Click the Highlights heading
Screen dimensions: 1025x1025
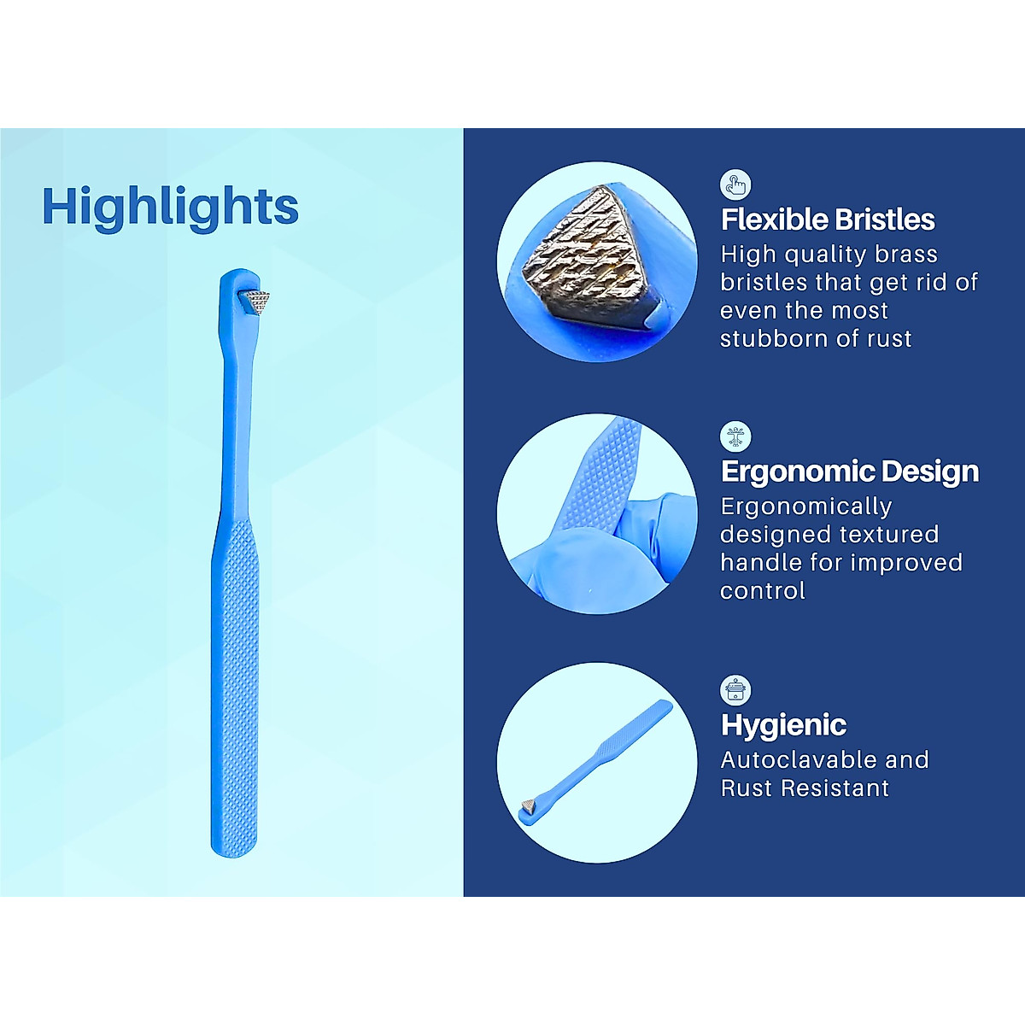[170, 207]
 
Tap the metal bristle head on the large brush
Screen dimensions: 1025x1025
[255, 302]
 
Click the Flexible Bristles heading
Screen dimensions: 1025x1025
[828, 220]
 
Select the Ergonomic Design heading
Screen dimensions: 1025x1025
[850, 471]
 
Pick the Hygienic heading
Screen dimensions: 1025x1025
[783, 725]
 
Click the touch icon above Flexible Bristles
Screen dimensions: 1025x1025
[735, 184]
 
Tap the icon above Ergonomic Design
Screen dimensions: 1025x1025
[735, 436]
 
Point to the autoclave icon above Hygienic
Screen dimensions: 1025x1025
[735, 689]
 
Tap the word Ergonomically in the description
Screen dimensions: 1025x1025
[806, 507]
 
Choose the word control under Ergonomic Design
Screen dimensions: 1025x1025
[762, 591]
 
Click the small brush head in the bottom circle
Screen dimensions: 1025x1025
[530, 805]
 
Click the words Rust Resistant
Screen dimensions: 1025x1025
[805, 788]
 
